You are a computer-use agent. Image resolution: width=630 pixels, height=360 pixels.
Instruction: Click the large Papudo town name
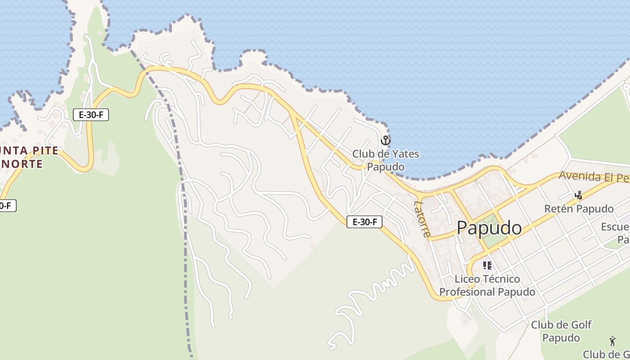[x=489, y=228]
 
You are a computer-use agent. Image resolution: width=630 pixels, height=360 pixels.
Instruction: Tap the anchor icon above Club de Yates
[x=385, y=140]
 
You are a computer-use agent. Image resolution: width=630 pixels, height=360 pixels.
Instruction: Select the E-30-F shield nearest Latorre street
[x=364, y=221]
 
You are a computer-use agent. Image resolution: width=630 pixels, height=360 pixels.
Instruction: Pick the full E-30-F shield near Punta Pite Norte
[x=91, y=115]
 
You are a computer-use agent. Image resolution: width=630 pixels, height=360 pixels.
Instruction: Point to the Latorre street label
[x=422, y=218]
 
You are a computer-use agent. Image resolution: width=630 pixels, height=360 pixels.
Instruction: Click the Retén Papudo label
[x=579, y=209]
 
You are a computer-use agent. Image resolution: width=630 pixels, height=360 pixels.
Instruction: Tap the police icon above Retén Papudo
[x=579, y=195]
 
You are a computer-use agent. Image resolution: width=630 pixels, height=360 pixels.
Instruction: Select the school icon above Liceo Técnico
[x=487, y=265]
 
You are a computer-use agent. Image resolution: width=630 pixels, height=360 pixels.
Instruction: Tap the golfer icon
[x=612, y=341]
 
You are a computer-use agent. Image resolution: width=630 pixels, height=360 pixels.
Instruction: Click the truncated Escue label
[x=615, y=226]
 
